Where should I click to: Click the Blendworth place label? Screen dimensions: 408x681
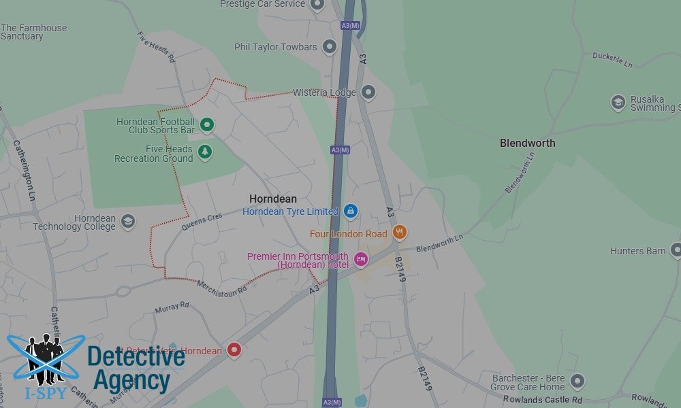(x=527, y=143)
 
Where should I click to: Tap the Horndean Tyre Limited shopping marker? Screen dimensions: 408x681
(x=351, y=211)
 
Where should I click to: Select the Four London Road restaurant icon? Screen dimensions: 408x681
(x=400, y=233)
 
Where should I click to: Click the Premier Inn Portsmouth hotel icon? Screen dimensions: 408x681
(x=360, y=258)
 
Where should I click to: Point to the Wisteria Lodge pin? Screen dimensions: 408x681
(x=368, y=92)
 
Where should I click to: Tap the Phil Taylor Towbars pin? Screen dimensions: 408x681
(x=330, y=47)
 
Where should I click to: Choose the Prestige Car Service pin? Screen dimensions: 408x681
(x=317, y=5)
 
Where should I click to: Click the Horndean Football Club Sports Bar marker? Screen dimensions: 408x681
(x=207, y=125)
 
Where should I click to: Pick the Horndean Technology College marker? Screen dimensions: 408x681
(x=127, y=222)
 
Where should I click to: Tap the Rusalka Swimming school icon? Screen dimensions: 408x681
(x=618, y=103)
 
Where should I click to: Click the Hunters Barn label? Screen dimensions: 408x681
(x=637, y=251)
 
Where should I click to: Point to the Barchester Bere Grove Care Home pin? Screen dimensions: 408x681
(x=577, y=381)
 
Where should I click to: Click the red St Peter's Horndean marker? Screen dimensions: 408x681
(x=234, y=350)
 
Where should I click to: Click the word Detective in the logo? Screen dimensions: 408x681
(x=136, y=356)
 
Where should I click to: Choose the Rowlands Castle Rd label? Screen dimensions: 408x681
(x=542, y=399)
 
